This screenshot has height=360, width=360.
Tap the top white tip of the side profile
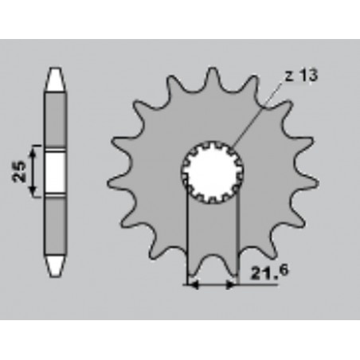click(x=55, y=78)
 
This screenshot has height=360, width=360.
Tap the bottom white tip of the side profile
click(x=55, y=262)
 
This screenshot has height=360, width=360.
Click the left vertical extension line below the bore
click(x=186, y=239)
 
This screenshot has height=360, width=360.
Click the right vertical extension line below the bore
click(x=238, y=239)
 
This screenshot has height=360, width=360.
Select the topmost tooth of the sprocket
click(x=212, y=76)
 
